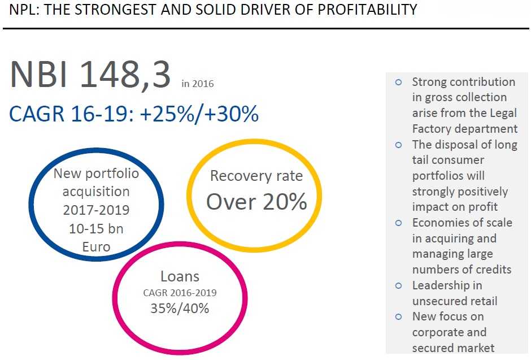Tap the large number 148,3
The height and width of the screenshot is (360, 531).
pos(125,75)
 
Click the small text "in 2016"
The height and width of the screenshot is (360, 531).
pos(198,84)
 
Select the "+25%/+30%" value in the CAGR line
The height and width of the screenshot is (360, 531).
pos(199,114)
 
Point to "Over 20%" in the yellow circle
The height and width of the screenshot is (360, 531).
pos(256,201)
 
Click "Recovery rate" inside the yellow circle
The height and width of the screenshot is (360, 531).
pos(256,176)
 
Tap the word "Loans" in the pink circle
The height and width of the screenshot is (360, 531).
pos(180,276)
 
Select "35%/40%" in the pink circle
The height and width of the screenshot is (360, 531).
pos(180,309)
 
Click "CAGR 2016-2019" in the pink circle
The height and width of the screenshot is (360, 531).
pos(180,293)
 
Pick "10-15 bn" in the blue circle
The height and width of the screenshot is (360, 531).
pos(96,228)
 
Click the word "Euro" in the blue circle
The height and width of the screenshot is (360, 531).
pos(96,246)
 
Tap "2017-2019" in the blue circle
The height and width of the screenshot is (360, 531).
pos(96,210)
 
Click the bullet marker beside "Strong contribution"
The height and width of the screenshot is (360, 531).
pos(398,82)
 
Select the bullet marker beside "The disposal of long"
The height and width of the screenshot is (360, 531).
pos(398,145)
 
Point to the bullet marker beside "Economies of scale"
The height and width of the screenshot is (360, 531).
pos(398,223)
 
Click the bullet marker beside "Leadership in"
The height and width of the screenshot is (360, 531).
pos(398,285)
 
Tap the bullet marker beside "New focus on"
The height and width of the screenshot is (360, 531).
pos(398,316)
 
